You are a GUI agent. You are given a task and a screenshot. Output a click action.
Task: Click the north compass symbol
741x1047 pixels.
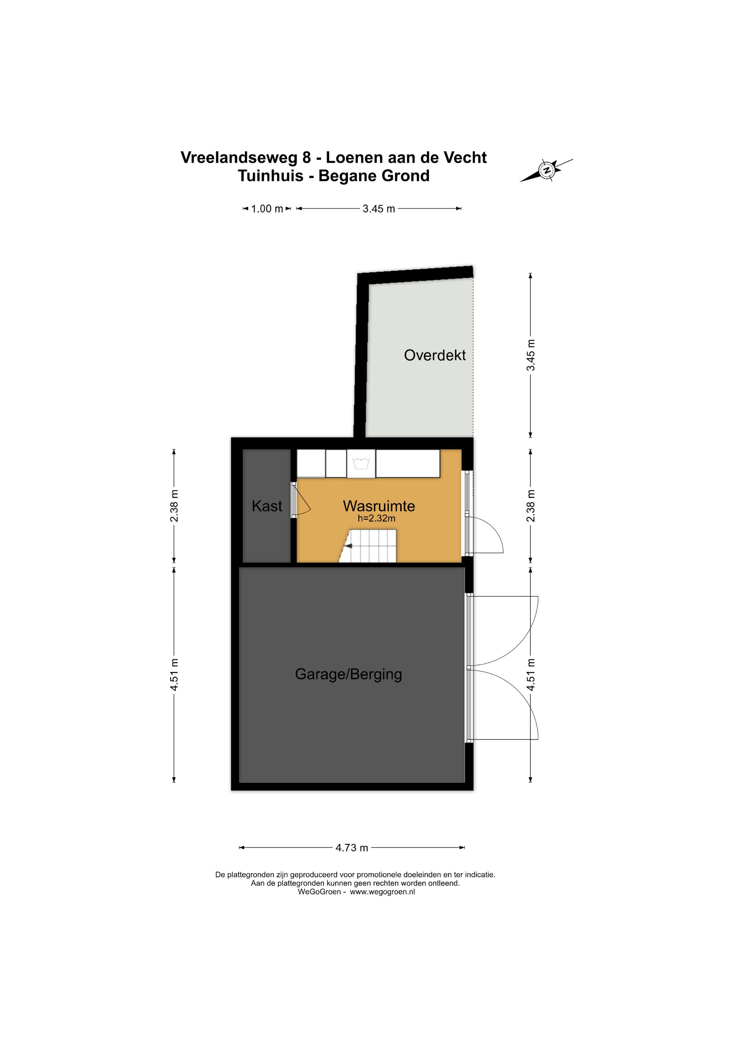pyautogui.click(x=546, y=170)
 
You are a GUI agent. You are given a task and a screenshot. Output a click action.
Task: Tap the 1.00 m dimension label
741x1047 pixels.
pyautogui.click(x=267, y=209)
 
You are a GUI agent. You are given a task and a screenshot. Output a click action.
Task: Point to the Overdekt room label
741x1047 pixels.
pyautogui.click(x=435, y=355)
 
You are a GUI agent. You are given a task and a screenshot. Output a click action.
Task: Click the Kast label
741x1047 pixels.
pyautogui.click(x=267, y=506)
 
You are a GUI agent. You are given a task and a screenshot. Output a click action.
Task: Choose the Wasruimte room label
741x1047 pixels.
pyautogui.click(x=379, y=506)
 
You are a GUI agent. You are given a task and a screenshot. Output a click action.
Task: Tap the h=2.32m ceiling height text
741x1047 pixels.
pyautogui.click(x=376, y=519)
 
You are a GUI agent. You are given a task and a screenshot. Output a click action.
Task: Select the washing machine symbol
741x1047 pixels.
pyautogui.click(x=361, y=464)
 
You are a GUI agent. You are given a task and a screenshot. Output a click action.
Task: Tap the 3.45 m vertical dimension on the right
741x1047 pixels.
pyautogui.click(x=531, y=355)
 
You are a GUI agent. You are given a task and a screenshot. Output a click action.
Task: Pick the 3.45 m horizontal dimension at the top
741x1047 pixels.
pyautogui.click(x=379, y=209)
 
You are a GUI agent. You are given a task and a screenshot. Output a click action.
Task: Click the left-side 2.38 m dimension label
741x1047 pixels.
pyautogui.click(x=174, y=506)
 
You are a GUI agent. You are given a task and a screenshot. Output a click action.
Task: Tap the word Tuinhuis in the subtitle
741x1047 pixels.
pyautogui.click(x=271, y=176)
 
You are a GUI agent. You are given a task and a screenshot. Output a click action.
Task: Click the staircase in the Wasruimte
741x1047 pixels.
pyautogui.click(x=368, y=546)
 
